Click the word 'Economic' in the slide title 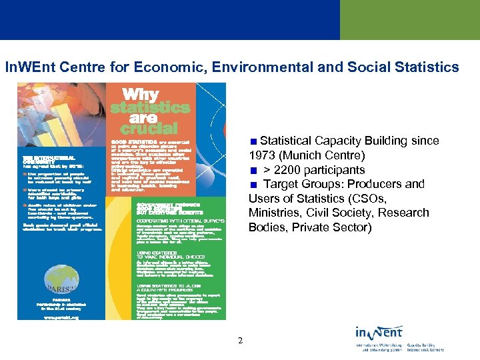pyautogui.click(x=163, y=67)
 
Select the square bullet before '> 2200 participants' pyautogui.click(x=253, y=170)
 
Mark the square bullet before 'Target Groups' pyautogui.click(x=253, y=185)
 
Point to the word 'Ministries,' pyautogui.click(x=275, y=213)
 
